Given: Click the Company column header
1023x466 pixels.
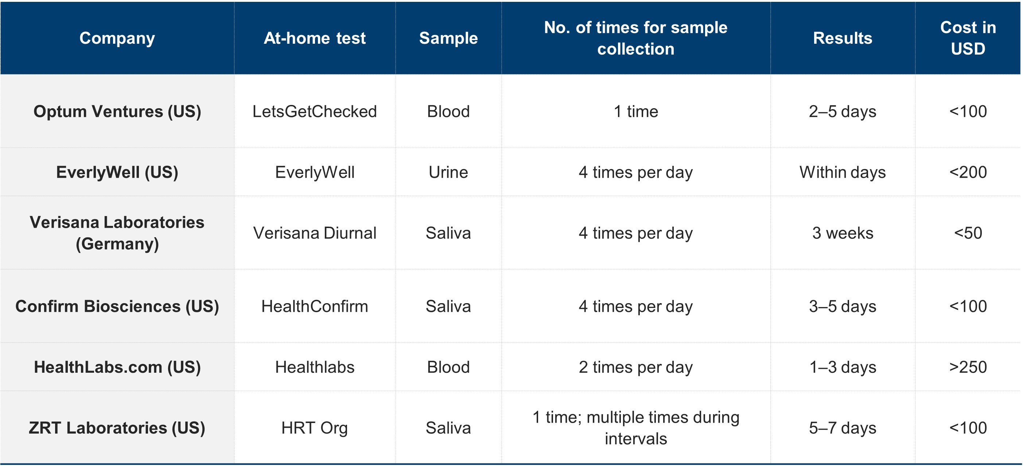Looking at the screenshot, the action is pyautogui.click(x=117, y=38).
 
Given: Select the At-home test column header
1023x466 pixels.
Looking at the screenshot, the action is pyautogui.click(x=315, y=38).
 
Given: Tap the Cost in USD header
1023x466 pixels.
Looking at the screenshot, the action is pyautogui.click(x=968, y=38).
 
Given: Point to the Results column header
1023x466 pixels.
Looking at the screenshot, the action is pyautogui.click(x=842, y=38).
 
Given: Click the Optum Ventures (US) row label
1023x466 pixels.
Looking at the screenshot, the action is pyautogui.click(x=117, y=111).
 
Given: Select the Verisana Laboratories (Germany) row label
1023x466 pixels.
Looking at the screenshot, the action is pyautogui.click(x=117, y=233).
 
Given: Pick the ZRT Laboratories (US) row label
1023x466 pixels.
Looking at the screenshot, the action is pyautogui.click(x=117, y=427).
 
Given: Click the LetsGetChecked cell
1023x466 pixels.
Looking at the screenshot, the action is pyautogui.click(x=315, y=111).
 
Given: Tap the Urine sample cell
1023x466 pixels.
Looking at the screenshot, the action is pyautogui.click(x=448, y=172).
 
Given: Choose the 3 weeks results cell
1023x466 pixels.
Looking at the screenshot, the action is pyautogui.click(x=842, y=233).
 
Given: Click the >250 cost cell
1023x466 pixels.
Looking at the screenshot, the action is pyautogui.click(x=968, y=367).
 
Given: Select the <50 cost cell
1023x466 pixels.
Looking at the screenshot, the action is pyautogui.click(x=968, y=233).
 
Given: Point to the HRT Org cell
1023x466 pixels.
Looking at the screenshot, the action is pyautogui.click(x=315, y=428).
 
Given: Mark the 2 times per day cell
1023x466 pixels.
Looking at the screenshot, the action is pyautogui.click(x=635, y=368).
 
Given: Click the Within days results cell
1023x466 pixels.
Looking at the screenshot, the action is pyautogui.click(x=842, y=173).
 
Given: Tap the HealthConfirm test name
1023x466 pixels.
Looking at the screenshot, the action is pyautogui.click(x=315, y=306).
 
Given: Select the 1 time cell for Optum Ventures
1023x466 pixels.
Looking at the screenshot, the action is pyautogui.click(x=635, y=111).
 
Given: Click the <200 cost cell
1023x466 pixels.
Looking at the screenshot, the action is pyautogui.click(x=968, y=172).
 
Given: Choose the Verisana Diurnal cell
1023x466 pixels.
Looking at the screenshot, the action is pyautogui.click(x=315, y=233).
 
